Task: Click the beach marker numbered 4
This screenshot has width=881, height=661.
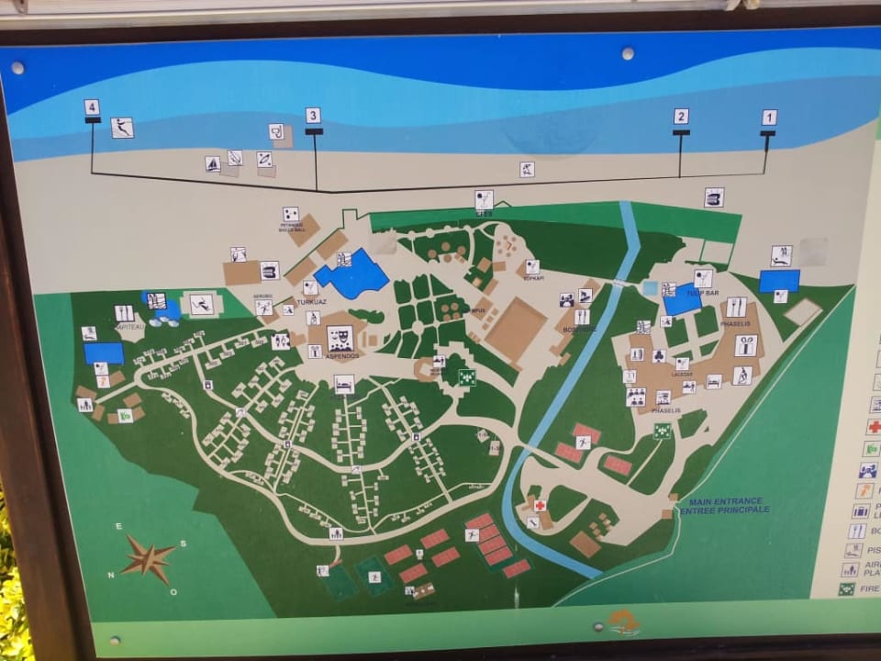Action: (92, 106)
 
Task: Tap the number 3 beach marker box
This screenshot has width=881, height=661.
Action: (313, 116)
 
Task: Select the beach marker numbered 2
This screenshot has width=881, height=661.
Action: (680, 117)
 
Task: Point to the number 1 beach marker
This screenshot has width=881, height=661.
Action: (769, 118)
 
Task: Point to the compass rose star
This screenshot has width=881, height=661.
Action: (147, 557)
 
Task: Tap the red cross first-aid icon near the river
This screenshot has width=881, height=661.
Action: (540, 506)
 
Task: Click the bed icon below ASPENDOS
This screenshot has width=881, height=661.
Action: (344, 384)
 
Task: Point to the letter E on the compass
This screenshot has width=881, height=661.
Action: (118, 526)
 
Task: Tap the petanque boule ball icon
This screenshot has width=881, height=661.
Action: (291, 214)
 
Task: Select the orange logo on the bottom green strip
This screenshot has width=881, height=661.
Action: (624, 622)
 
